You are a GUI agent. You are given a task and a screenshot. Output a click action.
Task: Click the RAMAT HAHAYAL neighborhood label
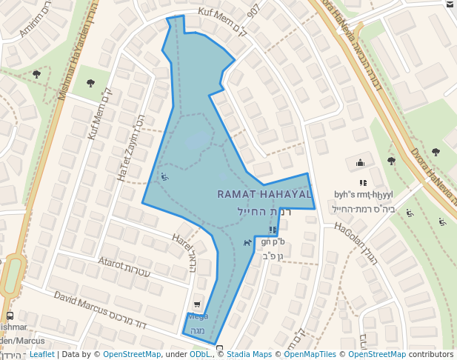point(264,194)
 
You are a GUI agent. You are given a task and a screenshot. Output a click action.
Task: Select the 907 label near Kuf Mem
point(253,10)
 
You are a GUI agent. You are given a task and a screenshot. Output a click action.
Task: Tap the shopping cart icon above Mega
point(196,304)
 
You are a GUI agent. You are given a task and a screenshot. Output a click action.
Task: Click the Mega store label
point(198,316)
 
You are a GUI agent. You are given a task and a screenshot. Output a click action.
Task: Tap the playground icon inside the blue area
point(164,177)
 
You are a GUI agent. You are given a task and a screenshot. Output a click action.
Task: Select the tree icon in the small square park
point(90,83)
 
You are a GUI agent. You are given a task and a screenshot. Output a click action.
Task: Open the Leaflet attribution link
point(41,355)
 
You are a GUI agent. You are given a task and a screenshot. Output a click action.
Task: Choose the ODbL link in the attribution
point(201,355)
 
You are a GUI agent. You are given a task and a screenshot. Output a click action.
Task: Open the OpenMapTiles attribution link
point(307,355)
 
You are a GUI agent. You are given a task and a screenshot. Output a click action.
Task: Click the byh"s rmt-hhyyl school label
point(363,195)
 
